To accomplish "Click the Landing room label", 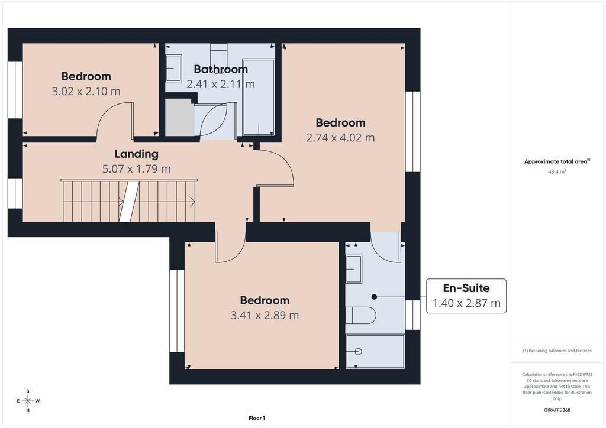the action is tap(137, 154).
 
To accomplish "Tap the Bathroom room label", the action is tap(221, 70).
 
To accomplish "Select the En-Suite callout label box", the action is tap(466, 296).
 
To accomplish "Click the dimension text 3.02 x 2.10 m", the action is tap(86, 92).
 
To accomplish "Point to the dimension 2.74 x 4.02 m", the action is tap(340, 138).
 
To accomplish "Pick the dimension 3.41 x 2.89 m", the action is tap(265, 315).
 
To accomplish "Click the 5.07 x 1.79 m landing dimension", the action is tap(137, 169).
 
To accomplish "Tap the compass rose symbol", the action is tap(28, 401).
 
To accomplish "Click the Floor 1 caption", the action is tap(257, 418).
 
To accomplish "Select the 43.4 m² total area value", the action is tap(557, 172).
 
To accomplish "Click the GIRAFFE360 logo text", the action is tap(557, 410).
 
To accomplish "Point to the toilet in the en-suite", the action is tap(360, 316).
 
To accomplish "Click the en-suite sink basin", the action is tap(354, 269).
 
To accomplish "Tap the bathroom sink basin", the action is tap(174, 69).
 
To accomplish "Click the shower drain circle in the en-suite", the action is tap(358, 351).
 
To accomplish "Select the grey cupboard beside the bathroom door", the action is tap(180, 117).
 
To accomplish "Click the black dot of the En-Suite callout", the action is tap(374, 297).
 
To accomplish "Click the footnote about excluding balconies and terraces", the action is tap(557, 351).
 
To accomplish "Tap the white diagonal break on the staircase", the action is tap(129, 202).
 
